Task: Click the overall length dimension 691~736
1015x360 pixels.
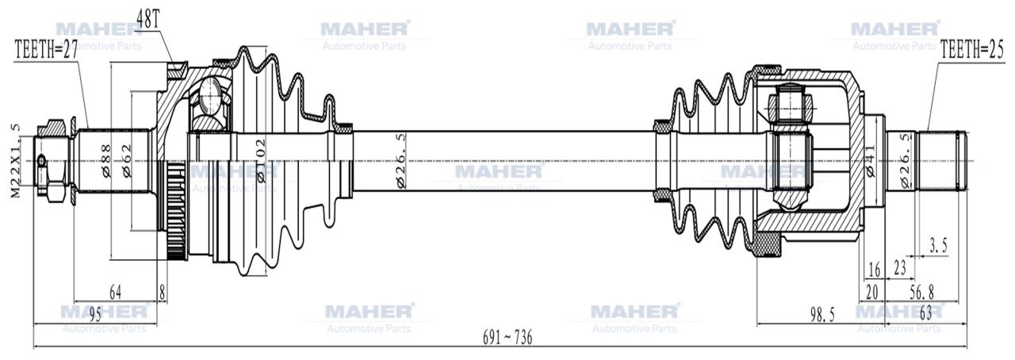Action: (507, 337)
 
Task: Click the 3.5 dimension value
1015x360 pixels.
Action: (938, 247)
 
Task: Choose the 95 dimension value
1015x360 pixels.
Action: (94, 316)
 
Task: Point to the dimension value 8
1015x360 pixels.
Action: (163, 292)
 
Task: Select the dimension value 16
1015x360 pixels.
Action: (875, 270)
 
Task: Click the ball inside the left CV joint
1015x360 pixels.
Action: (211, 97)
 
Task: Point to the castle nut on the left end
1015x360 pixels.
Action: (55, 159)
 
